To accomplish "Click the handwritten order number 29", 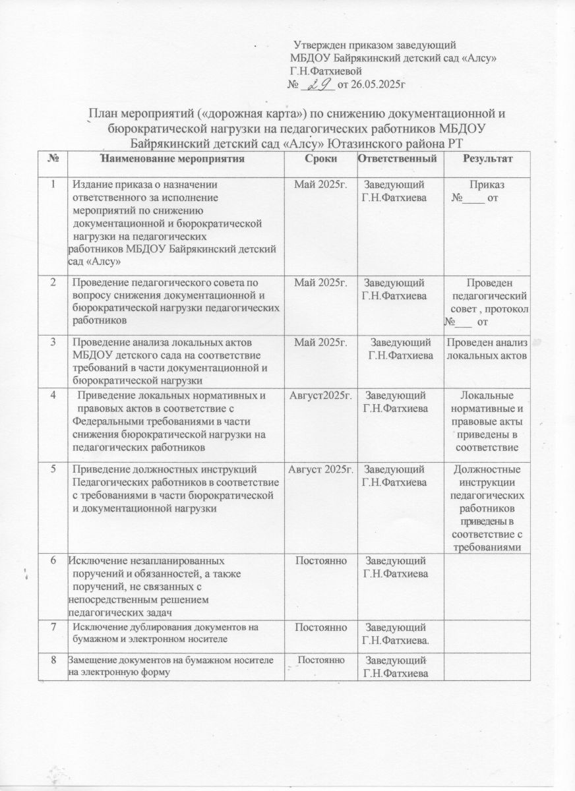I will coord(320,83).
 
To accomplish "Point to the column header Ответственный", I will coord(397,159).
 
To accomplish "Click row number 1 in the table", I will coord(52,183).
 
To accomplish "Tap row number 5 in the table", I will coord(52,469).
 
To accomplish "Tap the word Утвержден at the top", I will coord(320,45).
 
